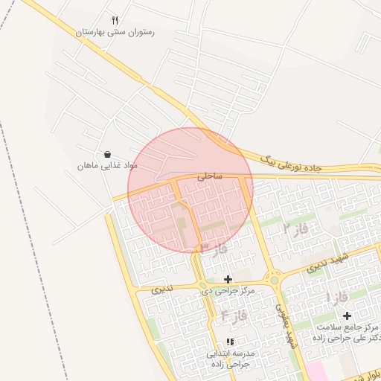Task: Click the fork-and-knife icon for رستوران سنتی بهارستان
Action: click(x=115, y=21)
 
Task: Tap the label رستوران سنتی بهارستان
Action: click(x=115, y=33)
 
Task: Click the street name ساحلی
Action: click(x=210, y=177)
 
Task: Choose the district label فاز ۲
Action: click(x=295, y=229)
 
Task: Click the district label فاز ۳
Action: click(x=214, y=247)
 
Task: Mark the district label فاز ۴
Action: click(x=233, y=318)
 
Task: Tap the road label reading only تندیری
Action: click(x=161, y=289)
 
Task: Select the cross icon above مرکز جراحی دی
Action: click(x=228, y=279)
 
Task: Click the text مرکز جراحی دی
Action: click(x=228, y=291)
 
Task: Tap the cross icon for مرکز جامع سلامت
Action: click(x=347, y=316)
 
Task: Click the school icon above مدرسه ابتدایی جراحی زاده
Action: click(x=229, y=342)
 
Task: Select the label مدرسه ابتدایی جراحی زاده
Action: click(x=230, y=359)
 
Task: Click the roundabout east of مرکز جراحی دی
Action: click(x=275, y=281)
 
